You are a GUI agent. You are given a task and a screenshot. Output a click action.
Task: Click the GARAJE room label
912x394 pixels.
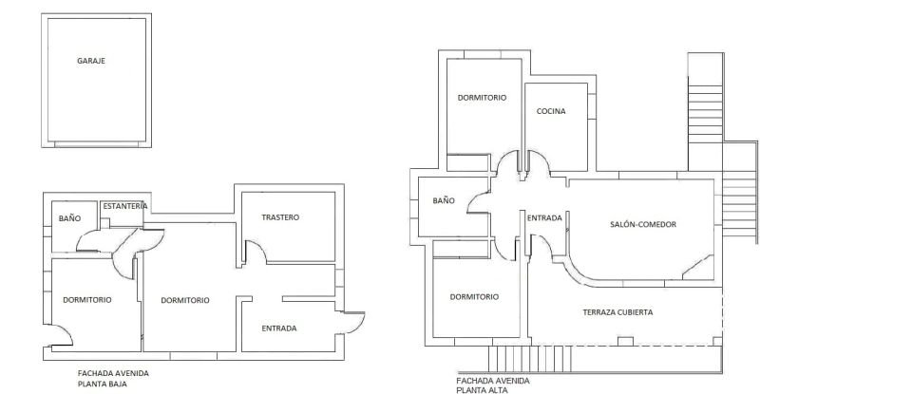point(91,61)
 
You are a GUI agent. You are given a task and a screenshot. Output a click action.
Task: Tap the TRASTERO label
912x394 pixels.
point(280,217)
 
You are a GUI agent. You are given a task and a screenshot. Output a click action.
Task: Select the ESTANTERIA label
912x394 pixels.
point(124,206)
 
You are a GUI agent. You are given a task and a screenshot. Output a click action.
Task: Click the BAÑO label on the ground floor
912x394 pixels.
point(69,218)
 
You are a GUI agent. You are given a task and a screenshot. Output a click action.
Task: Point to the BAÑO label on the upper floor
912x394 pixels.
point(444,201)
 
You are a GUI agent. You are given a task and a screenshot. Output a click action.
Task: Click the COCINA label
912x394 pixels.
point(551,111)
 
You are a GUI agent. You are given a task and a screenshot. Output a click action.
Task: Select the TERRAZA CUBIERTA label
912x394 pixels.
point(617,311)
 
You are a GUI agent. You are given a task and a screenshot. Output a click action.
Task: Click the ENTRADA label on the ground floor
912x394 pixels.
point(279,328)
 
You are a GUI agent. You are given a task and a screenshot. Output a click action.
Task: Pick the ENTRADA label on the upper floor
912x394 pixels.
point(544,218)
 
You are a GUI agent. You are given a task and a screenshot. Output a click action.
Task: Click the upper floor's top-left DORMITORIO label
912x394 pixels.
point(482,98)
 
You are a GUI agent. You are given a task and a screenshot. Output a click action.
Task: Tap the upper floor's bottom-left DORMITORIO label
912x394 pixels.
point(474,296)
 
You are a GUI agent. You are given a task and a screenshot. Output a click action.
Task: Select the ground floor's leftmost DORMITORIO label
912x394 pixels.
point(87,300)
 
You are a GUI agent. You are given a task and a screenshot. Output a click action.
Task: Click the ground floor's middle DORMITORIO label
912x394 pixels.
point(185,300)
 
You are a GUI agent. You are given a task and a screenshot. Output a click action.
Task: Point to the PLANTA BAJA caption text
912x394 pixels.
point(103,385)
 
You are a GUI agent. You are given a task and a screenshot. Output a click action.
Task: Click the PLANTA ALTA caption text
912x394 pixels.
point(482,389)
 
